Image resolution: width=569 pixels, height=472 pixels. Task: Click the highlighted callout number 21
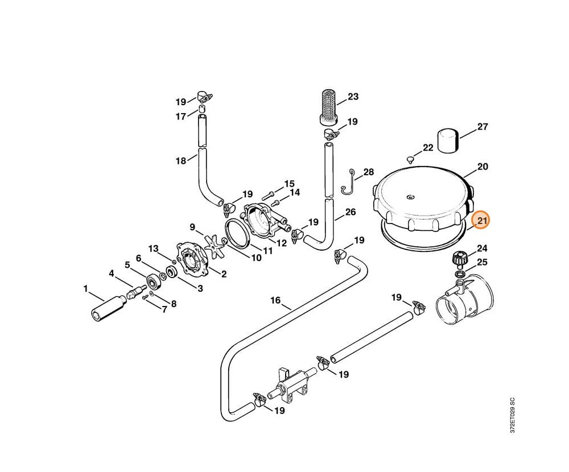483,221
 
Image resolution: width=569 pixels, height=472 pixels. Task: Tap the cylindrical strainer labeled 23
328,105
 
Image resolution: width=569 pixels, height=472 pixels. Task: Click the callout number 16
275,300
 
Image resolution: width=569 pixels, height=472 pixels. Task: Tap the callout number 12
281,243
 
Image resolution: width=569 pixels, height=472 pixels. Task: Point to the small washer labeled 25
459,275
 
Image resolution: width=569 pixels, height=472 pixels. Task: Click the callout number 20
483,167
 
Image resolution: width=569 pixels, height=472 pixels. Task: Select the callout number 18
181,161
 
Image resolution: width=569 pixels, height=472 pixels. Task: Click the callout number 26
350,212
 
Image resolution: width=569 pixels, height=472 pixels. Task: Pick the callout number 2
224,274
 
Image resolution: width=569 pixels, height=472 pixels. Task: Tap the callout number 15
290,184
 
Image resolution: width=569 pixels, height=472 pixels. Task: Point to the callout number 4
112,274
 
